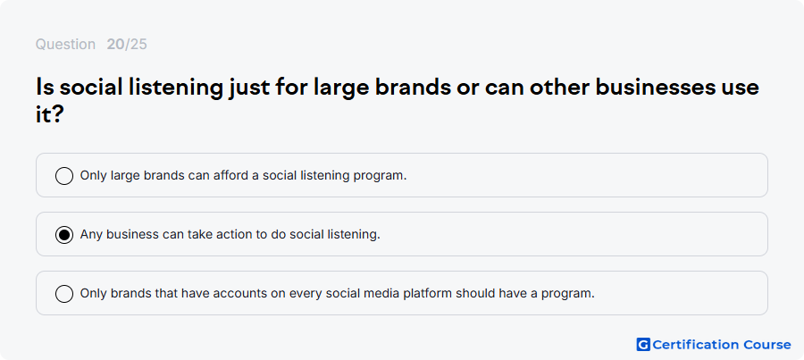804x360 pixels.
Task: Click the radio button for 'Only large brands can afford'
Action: [x=64, y=175]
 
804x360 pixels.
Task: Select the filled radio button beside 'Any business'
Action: [x=64, y=235]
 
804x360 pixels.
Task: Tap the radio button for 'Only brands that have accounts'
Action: [x=64, y=294]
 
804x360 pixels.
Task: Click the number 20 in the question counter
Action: [x=116, y=45]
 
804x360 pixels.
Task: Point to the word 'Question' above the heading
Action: [x=65, y=45]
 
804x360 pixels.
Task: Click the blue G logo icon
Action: [x=643, y=345]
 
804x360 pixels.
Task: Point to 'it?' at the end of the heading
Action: [x=49, y=115]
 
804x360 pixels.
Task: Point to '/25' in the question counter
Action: [x=136, y=45]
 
